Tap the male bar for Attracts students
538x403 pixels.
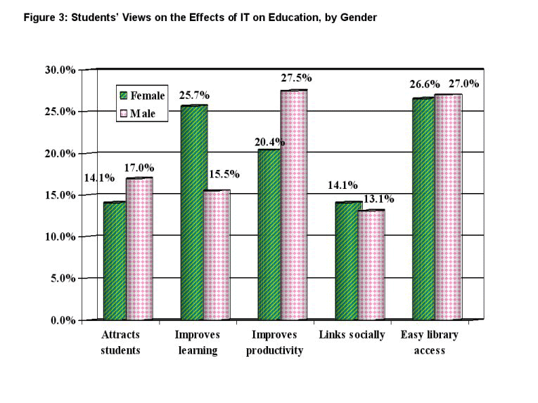tap(139, 249)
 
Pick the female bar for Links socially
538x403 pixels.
tap(347, 260)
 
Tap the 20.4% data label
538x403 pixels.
tap(270, 142)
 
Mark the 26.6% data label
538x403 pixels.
tap(425, 85)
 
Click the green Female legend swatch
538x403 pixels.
tap(122, 95)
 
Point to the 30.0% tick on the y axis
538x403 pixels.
tap(60, 70)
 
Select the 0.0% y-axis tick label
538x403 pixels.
tap(63, 321)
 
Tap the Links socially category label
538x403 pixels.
tap(352, 335)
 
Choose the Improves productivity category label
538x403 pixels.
tap(274, 343)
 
